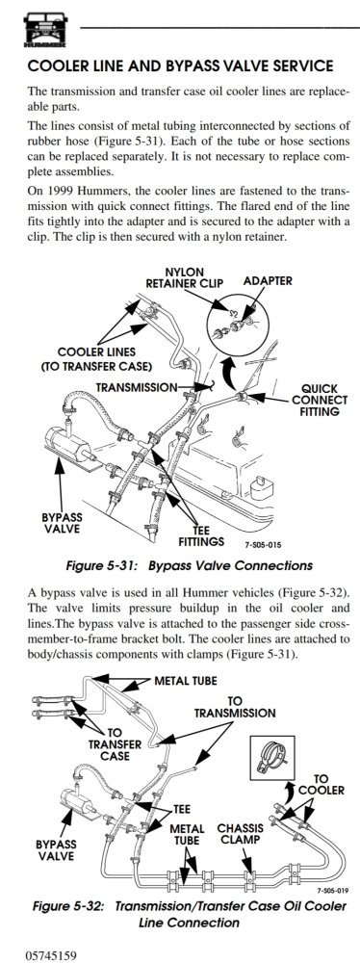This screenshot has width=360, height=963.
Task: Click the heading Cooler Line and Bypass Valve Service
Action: (x=181, y=65)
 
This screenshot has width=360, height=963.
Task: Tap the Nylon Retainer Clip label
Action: (x=184, y=277)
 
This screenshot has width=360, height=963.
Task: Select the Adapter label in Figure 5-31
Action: (x=268, y=281)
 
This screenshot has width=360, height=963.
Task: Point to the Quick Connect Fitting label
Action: (x=321, y=400)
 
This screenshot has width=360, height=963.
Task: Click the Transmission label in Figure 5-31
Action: (x=137, y=387)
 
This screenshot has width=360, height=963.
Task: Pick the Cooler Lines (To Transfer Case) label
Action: (x=96, y=360)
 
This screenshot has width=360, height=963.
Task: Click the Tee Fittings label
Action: (x=201, y=536)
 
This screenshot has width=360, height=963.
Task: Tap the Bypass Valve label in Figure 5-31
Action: (x=62, y=523)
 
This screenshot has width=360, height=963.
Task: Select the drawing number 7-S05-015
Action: (x=264, y=544)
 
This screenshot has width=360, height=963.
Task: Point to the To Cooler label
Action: (x=321, y=784)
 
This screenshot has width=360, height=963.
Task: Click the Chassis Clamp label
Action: (x=241, y=834)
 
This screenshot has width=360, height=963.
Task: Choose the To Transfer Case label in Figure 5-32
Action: (x=115, y=744)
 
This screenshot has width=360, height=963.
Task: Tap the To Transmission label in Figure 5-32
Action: (x=235, y=707)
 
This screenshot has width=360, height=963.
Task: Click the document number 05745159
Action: (x=52, y=955)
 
